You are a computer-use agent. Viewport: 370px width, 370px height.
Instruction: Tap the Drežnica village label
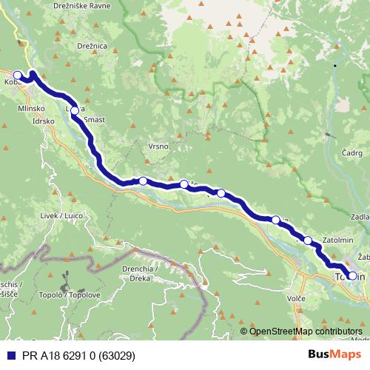(x=92, y=46)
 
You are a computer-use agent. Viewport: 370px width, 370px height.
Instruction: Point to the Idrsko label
(x=44, y=121)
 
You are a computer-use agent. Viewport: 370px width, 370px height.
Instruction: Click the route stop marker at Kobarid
(x=18, y=75)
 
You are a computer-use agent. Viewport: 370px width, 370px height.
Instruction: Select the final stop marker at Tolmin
(x=352, y=276)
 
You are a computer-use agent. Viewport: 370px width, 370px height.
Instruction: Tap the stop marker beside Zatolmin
(x=308, y=240)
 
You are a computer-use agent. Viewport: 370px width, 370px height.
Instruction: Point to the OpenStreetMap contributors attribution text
(x=306, y=331)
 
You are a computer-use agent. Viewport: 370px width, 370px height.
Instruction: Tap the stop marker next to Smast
(x=74, y=111)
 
